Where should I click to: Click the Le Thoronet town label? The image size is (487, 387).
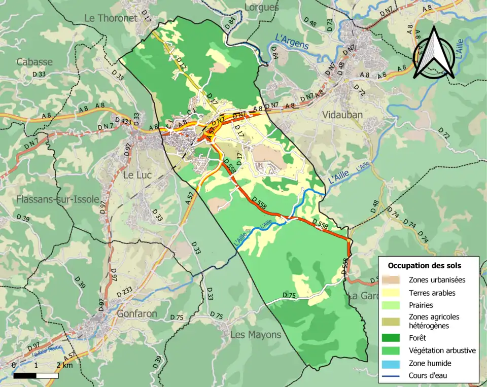(x=111, y=18)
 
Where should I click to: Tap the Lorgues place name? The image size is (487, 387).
(x=261, y=7)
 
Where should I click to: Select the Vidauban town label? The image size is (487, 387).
(x=342, y=115)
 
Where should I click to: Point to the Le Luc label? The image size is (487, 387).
(x=135, y=175)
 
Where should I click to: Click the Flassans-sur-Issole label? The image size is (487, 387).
(x=57, y=199)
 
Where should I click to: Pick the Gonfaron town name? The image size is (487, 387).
(x=137, y=313)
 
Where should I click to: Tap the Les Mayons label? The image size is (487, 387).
(x=256, y=335)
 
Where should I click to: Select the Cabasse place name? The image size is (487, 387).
(x=34, y=62)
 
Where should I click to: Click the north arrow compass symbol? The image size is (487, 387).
(x=433, y=53)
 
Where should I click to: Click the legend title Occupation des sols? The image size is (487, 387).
(x=424, y=265)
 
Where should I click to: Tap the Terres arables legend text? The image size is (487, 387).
(x=432, y=293)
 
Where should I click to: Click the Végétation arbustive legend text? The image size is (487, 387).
(x=442, y=350)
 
